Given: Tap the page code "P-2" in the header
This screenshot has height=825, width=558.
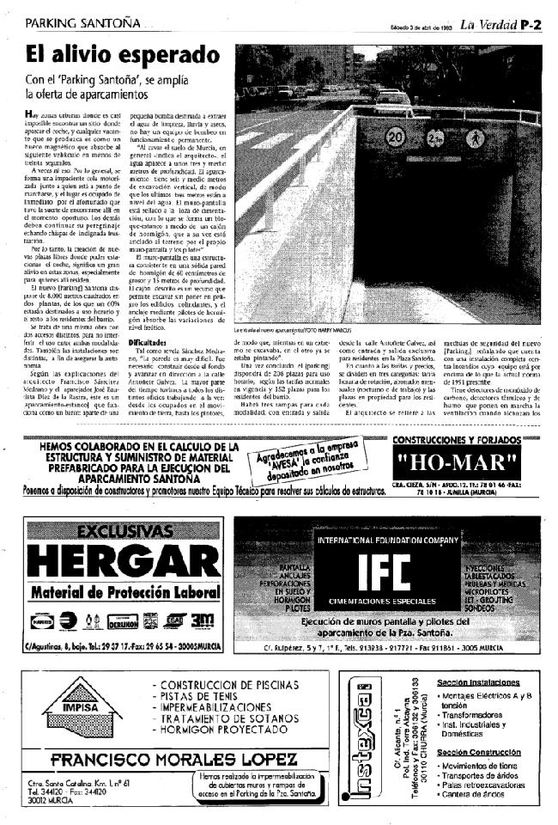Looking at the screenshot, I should (530, 25).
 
